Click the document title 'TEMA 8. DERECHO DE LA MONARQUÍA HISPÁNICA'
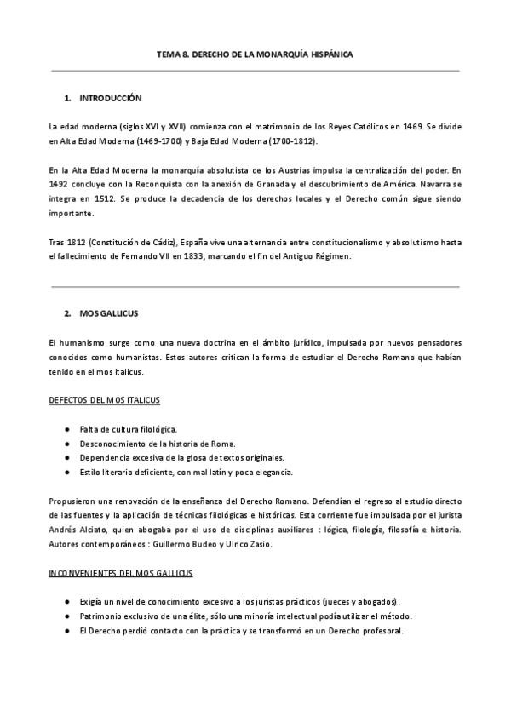click(255, 54)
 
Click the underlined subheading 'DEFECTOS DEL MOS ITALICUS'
click(105, 399)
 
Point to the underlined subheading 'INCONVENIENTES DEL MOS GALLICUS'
click(120, 572)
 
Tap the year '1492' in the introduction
click(60, 185)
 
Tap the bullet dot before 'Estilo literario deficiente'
click(66, 472)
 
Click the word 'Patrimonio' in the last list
click(100, 616)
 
